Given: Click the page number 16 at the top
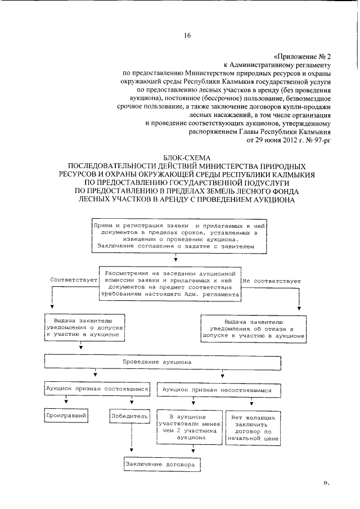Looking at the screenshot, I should coord(187,35).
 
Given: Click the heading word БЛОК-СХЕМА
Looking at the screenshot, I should coord(187,159).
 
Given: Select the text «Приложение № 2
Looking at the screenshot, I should coord(302,57).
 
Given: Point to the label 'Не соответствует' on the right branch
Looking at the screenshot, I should coord(272,280).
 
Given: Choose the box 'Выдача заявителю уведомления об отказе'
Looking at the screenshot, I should coord(253,327).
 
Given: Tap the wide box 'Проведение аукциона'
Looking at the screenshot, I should coord(158,362).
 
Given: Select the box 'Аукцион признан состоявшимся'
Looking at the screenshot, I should coord(97,389).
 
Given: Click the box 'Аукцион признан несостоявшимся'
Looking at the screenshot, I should coord(217,389).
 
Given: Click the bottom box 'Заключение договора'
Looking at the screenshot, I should coord(160,466).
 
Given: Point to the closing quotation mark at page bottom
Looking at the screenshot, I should coord(326,483).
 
